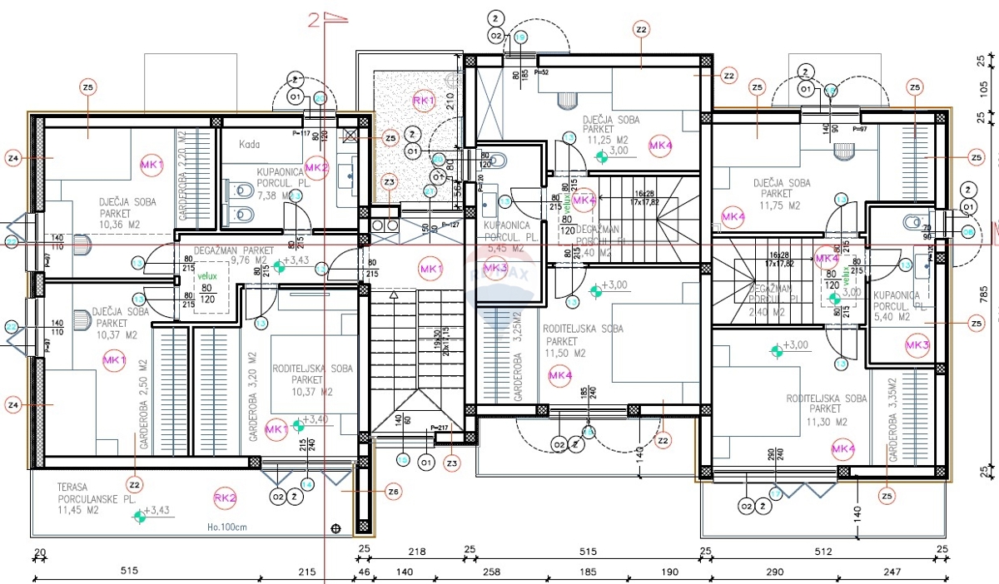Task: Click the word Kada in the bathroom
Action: point(250,144)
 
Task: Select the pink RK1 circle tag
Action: point(425,100)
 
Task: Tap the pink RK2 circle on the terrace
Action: point(225,498)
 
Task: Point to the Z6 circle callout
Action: point(393,492)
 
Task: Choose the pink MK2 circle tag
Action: point(317,166)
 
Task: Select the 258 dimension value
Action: point(493,572)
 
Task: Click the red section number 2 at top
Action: point(314,20)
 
